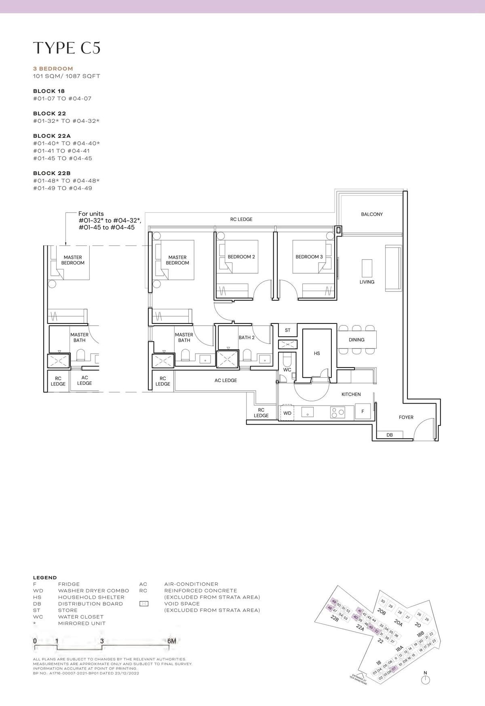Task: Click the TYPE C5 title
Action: click(67, 48)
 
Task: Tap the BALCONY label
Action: click(371, 214)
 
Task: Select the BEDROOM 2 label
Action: click(241, 257)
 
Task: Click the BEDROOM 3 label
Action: click(309, 257)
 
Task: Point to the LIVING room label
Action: click(367, 282)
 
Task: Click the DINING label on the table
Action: click(356, 340)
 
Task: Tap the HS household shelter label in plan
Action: click(317, 353)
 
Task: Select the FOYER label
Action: click(406, 417)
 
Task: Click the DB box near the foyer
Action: click(389, 435)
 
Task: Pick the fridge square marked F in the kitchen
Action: click(363, 412)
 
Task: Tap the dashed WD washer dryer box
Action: click(287, 413)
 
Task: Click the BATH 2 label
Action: click(246, 338)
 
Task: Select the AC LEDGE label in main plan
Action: click(226, 380)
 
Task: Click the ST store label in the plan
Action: click(287, 330)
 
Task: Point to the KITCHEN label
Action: click(351, 394)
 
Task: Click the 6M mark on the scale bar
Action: click(171, 641)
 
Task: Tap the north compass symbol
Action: click(425, 680)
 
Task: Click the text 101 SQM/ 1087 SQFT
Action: click(66, 76)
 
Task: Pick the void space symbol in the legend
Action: click(143, 604)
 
